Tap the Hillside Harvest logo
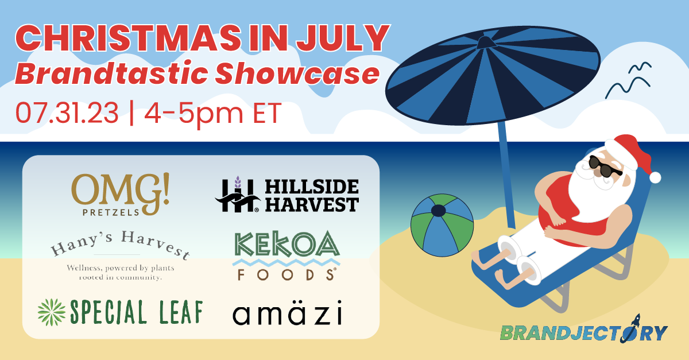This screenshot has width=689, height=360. (287, 195)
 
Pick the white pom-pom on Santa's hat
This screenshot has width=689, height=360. (655, 177)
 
